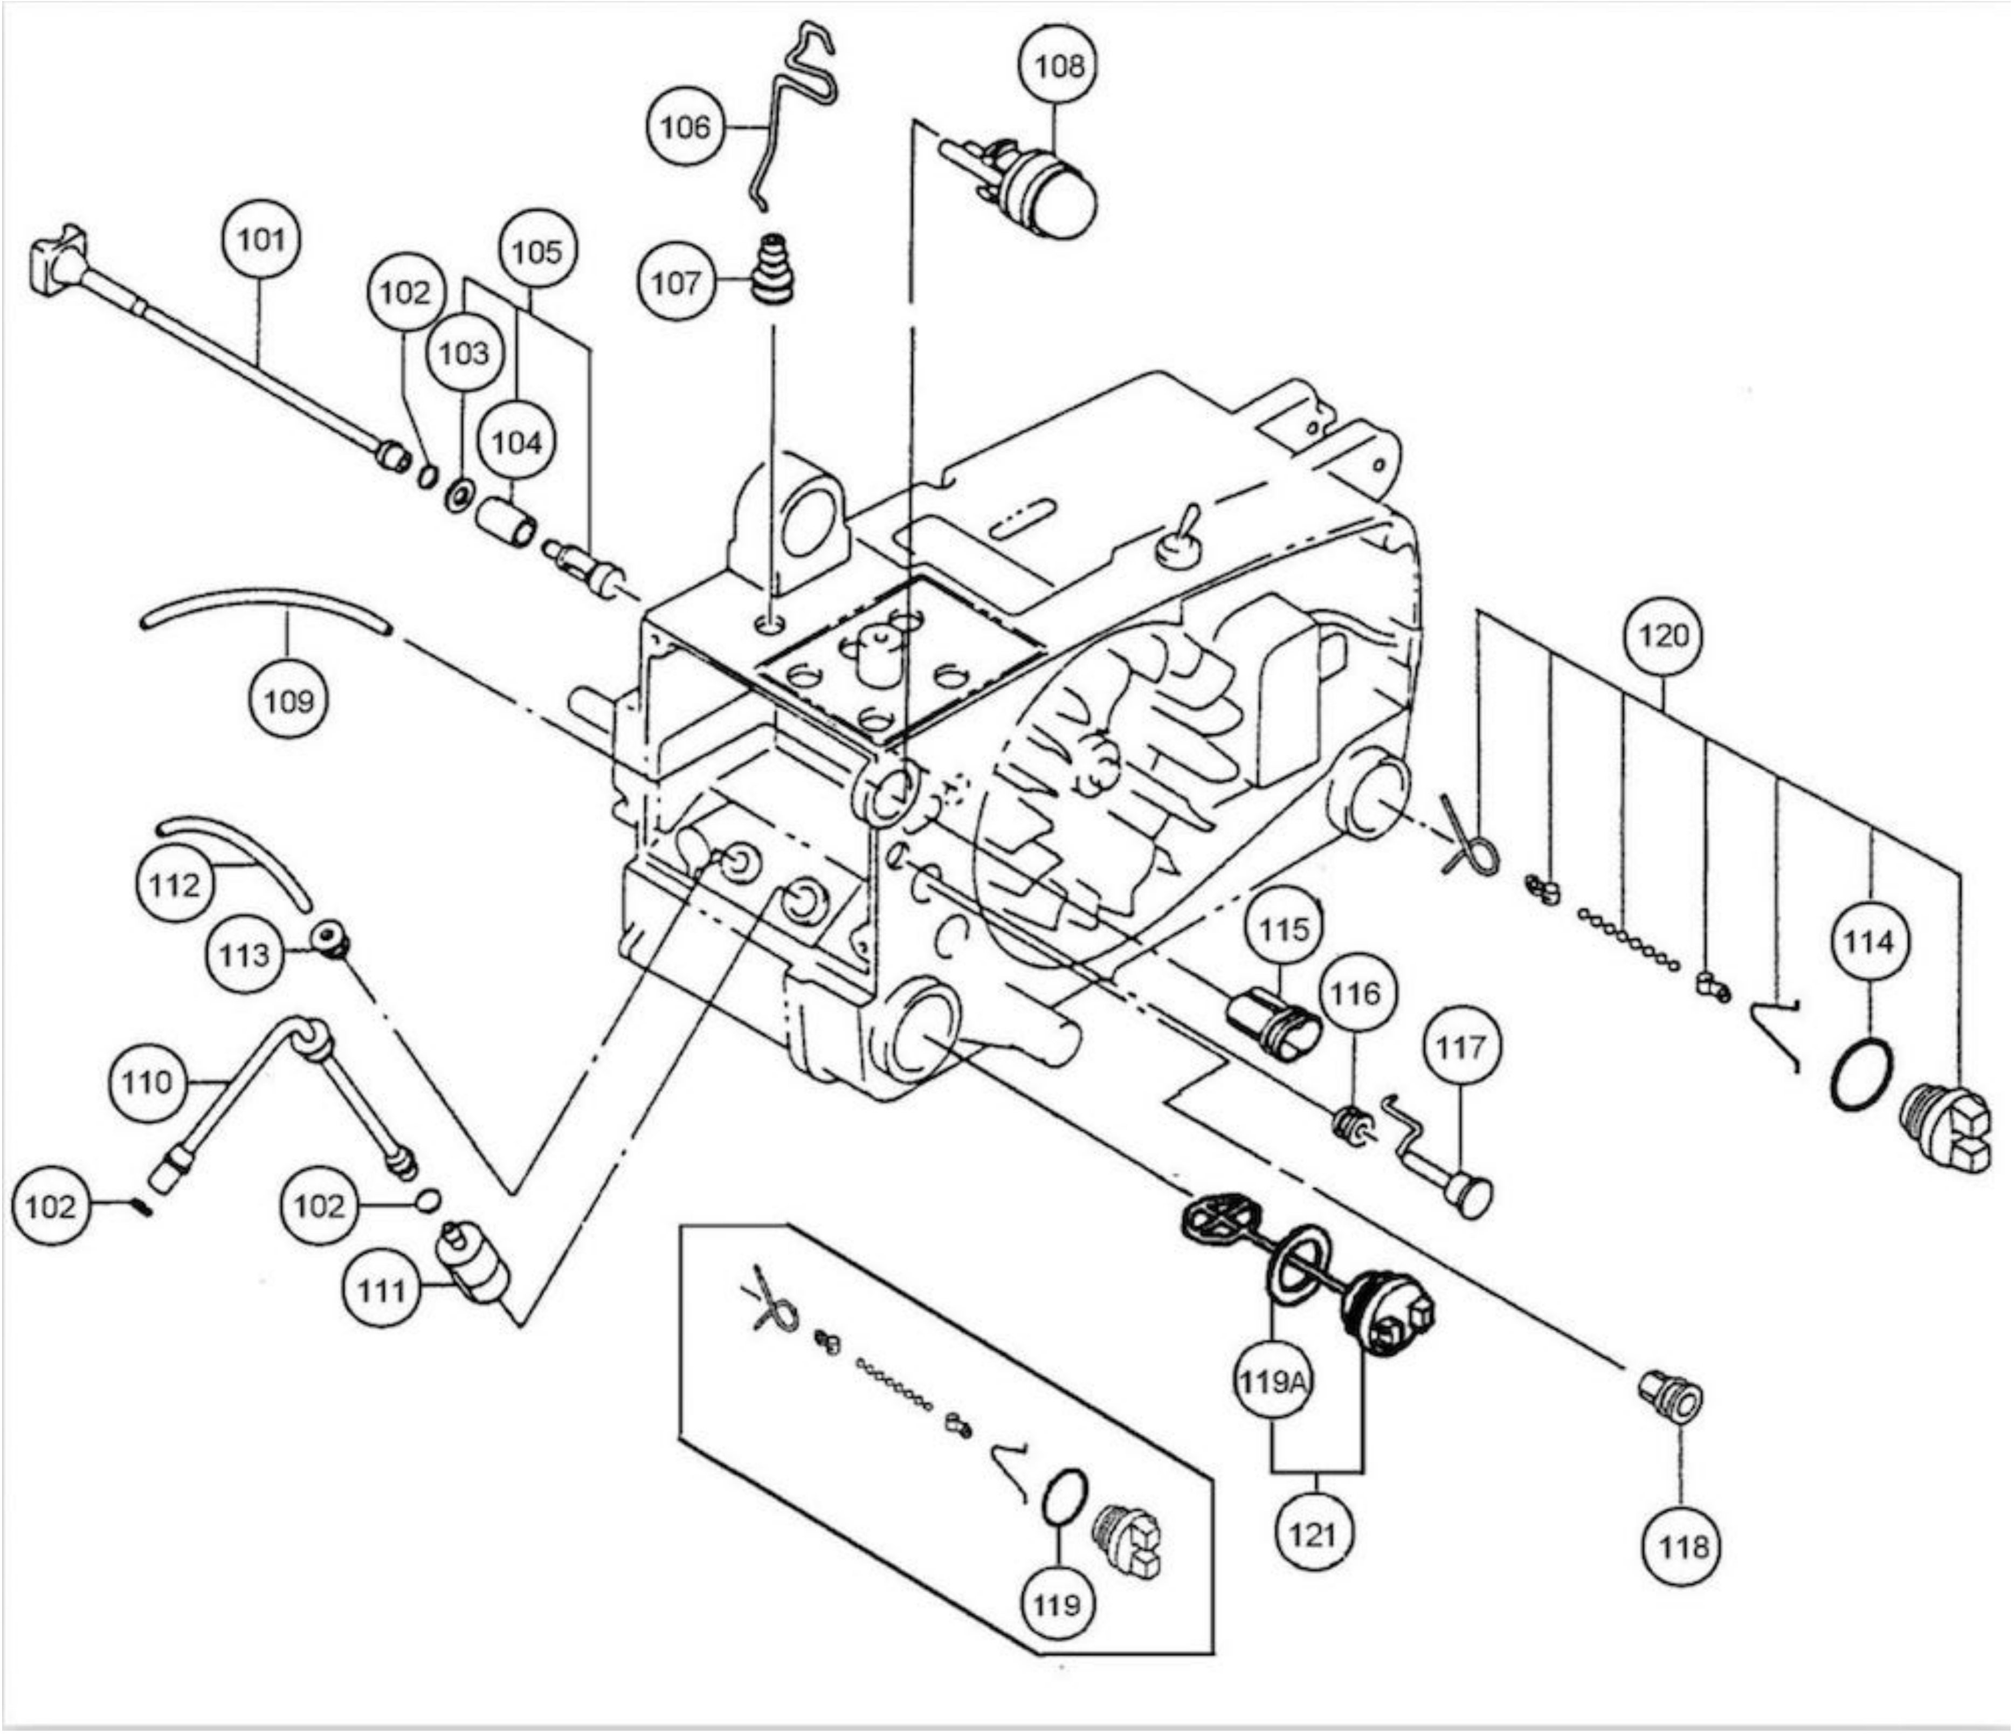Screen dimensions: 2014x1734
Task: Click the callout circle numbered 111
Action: [x=381, y=1290]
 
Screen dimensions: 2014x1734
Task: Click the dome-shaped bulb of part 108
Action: [x=1058, y=195]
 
